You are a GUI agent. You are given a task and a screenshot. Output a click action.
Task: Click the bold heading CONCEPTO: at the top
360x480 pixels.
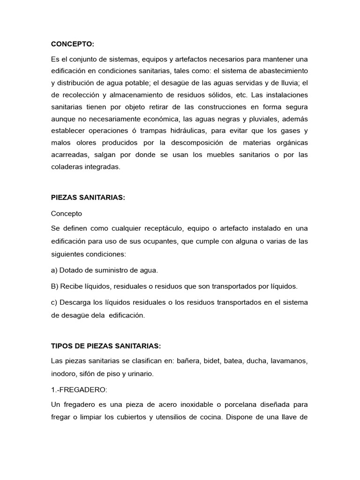73,44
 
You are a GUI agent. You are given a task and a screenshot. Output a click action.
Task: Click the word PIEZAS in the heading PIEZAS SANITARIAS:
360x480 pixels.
64,198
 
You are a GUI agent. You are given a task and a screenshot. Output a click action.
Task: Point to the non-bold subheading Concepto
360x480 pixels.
67,213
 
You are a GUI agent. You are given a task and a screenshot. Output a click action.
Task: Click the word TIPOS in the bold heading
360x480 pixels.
62,346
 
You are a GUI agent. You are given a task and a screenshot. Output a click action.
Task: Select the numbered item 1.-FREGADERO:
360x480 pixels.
78,389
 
